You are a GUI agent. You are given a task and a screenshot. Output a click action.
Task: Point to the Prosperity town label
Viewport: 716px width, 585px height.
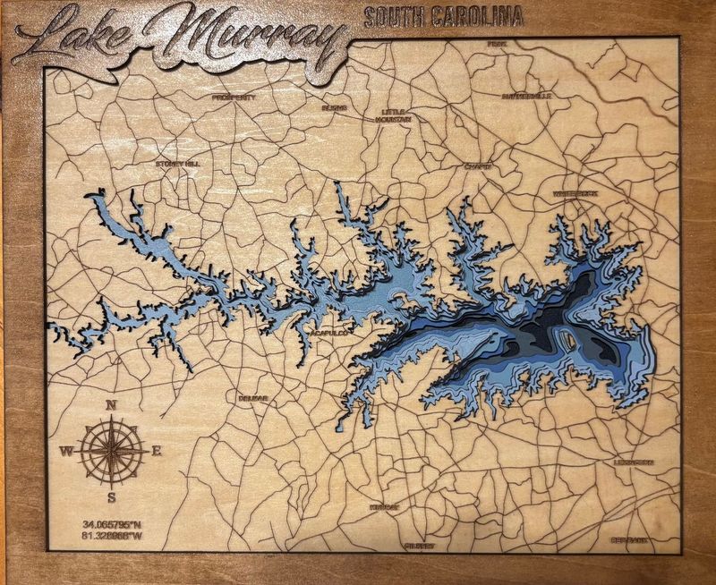pyautogui.click(x=234, y=97)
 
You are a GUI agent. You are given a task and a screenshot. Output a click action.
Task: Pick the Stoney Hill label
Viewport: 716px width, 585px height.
pyautogui.click(x=177, y=164)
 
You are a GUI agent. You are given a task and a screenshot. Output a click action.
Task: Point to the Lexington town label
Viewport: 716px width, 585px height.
pyautogui.click(x=634, y=462)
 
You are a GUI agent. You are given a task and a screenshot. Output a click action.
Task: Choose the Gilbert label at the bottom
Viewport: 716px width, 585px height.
pyautogui.click(x=419, y=545)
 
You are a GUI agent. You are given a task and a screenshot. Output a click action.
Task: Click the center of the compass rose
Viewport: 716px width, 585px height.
pyautogui.click(x=112, y=449)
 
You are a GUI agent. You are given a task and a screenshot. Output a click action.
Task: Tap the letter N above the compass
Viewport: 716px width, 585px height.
pyautogui.click(x=112, y=405)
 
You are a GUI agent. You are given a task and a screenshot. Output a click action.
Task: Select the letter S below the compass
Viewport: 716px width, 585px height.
pyautogui.click(x=112, y=497)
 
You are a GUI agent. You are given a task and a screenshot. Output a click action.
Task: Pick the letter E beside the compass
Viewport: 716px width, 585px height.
pyautogui.click(x=156, y=451)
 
